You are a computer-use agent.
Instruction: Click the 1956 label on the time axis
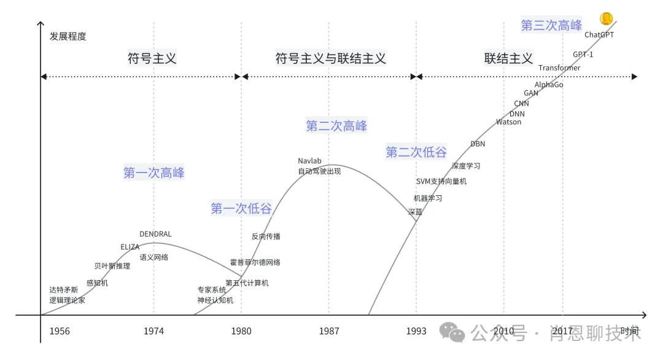pyautogui.click(x=60, y=331)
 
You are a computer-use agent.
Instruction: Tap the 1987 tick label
pyautogui.click(x=329, y=331)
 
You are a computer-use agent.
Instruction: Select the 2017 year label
pyautogui.click(x=563, y=331)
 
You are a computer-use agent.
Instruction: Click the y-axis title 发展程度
pyautogui.click(x=68, y=36)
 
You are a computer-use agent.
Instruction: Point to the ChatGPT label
pyautogui.click(x=599, y=35)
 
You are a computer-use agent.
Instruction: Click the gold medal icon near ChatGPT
pyautogui.click(x=607, y=19)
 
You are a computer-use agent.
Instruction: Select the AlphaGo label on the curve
pyautogui.click(x=549, y=85)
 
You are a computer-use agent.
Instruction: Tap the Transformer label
pyautogui.click(x=559, y=68)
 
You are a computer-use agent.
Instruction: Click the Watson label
pyautogui.click(x=508, y=122)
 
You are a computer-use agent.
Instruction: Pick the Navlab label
pyautogui.click(x=309, y=161)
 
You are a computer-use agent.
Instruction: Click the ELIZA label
pyautogui.click(x=130, y=247)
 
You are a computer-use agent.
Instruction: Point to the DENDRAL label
pyautogui.click(x=155, y=234)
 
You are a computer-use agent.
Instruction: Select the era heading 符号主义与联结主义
pyautogui.click(x=331, y=58)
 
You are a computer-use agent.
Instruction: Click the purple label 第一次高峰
pyautogui.click(x=154, y=173)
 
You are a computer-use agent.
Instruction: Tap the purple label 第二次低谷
pyautogui.click(x=416, y=152)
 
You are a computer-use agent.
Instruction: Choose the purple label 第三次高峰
pyautogui.click(x=551, y=25)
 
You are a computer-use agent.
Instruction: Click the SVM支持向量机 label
pyautogui.click(x=441, y=181)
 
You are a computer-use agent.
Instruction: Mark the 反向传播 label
pyautogui.click(x=266, y=237)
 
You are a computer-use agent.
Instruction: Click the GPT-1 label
pyautogui.click(x=583, y=54)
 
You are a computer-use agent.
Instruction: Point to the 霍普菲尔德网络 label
pyautogui.click(x=255, y=262)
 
